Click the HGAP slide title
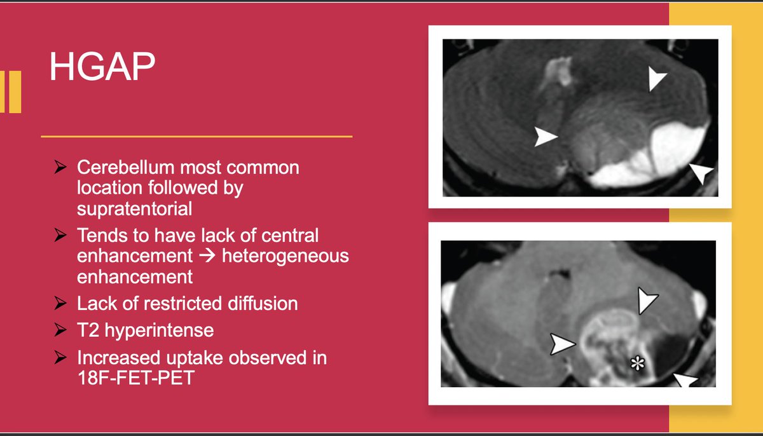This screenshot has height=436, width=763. tap(102, 67)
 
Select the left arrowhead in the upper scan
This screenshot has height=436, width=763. tap(546, 137)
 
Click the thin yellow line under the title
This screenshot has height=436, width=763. tap(196, 136)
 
